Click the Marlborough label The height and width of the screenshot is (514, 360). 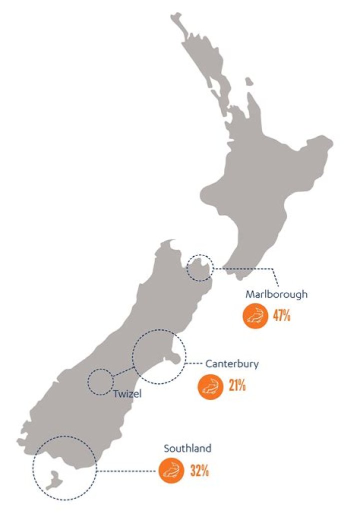coord(276,294)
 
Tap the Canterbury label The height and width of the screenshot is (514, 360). coord(232,364)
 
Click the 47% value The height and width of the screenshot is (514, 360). coord(281,316)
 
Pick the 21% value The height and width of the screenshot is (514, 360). coord(236,386)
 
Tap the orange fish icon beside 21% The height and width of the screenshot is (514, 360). coord(209,386)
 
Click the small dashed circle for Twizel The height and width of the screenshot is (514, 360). coord(100,381)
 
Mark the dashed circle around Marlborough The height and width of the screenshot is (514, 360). coord(199,267)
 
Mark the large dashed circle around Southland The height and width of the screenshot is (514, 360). coord(64,468)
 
